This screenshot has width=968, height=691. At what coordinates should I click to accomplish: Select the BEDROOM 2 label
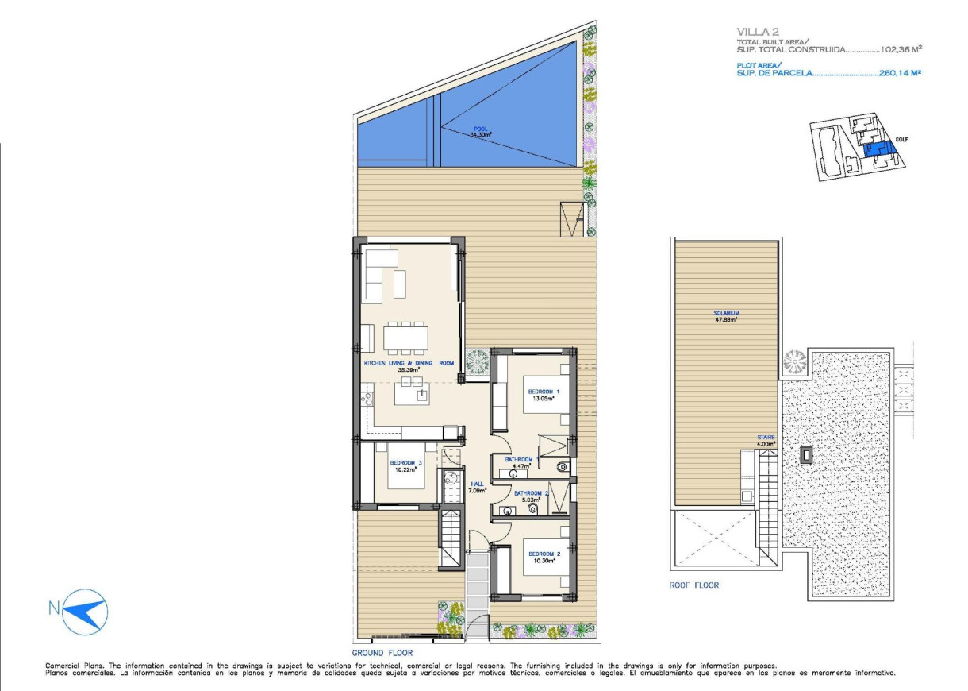[544, 554]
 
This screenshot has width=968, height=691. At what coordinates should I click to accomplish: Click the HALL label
[477, 484]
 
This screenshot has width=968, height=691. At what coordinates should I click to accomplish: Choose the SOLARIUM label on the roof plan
[726, 314]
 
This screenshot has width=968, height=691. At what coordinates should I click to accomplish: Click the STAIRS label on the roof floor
[766, 438]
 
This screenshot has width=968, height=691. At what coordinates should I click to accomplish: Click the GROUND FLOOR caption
[382, 652]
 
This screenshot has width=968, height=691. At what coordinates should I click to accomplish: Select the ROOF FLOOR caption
[694, 585]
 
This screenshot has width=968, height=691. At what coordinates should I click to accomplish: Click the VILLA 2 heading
[758, 32]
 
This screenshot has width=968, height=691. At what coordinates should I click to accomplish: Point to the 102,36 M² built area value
[901, 49]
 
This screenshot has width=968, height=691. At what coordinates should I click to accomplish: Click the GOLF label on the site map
[901, 140]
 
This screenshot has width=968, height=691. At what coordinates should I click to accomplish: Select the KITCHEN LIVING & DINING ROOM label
[409, 363]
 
